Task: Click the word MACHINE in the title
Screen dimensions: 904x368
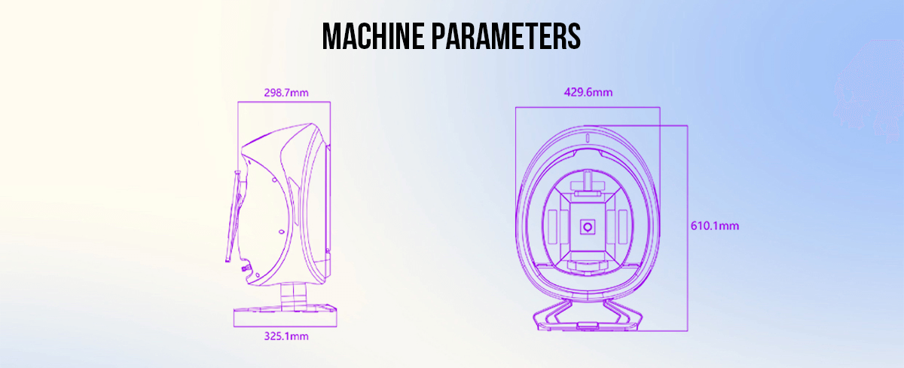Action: pos(374,36)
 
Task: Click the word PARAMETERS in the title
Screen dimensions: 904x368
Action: pos(506,36)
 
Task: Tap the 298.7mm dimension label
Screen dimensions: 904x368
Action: pos(286,93)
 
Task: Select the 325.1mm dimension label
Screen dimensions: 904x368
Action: pos(286,336)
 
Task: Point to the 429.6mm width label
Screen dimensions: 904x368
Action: pos(588,93)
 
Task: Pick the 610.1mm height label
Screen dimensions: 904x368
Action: pos(715,225)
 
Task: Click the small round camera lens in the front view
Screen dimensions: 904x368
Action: pos(588,227)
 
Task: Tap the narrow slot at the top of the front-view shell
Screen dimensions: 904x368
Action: pos(588,138)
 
